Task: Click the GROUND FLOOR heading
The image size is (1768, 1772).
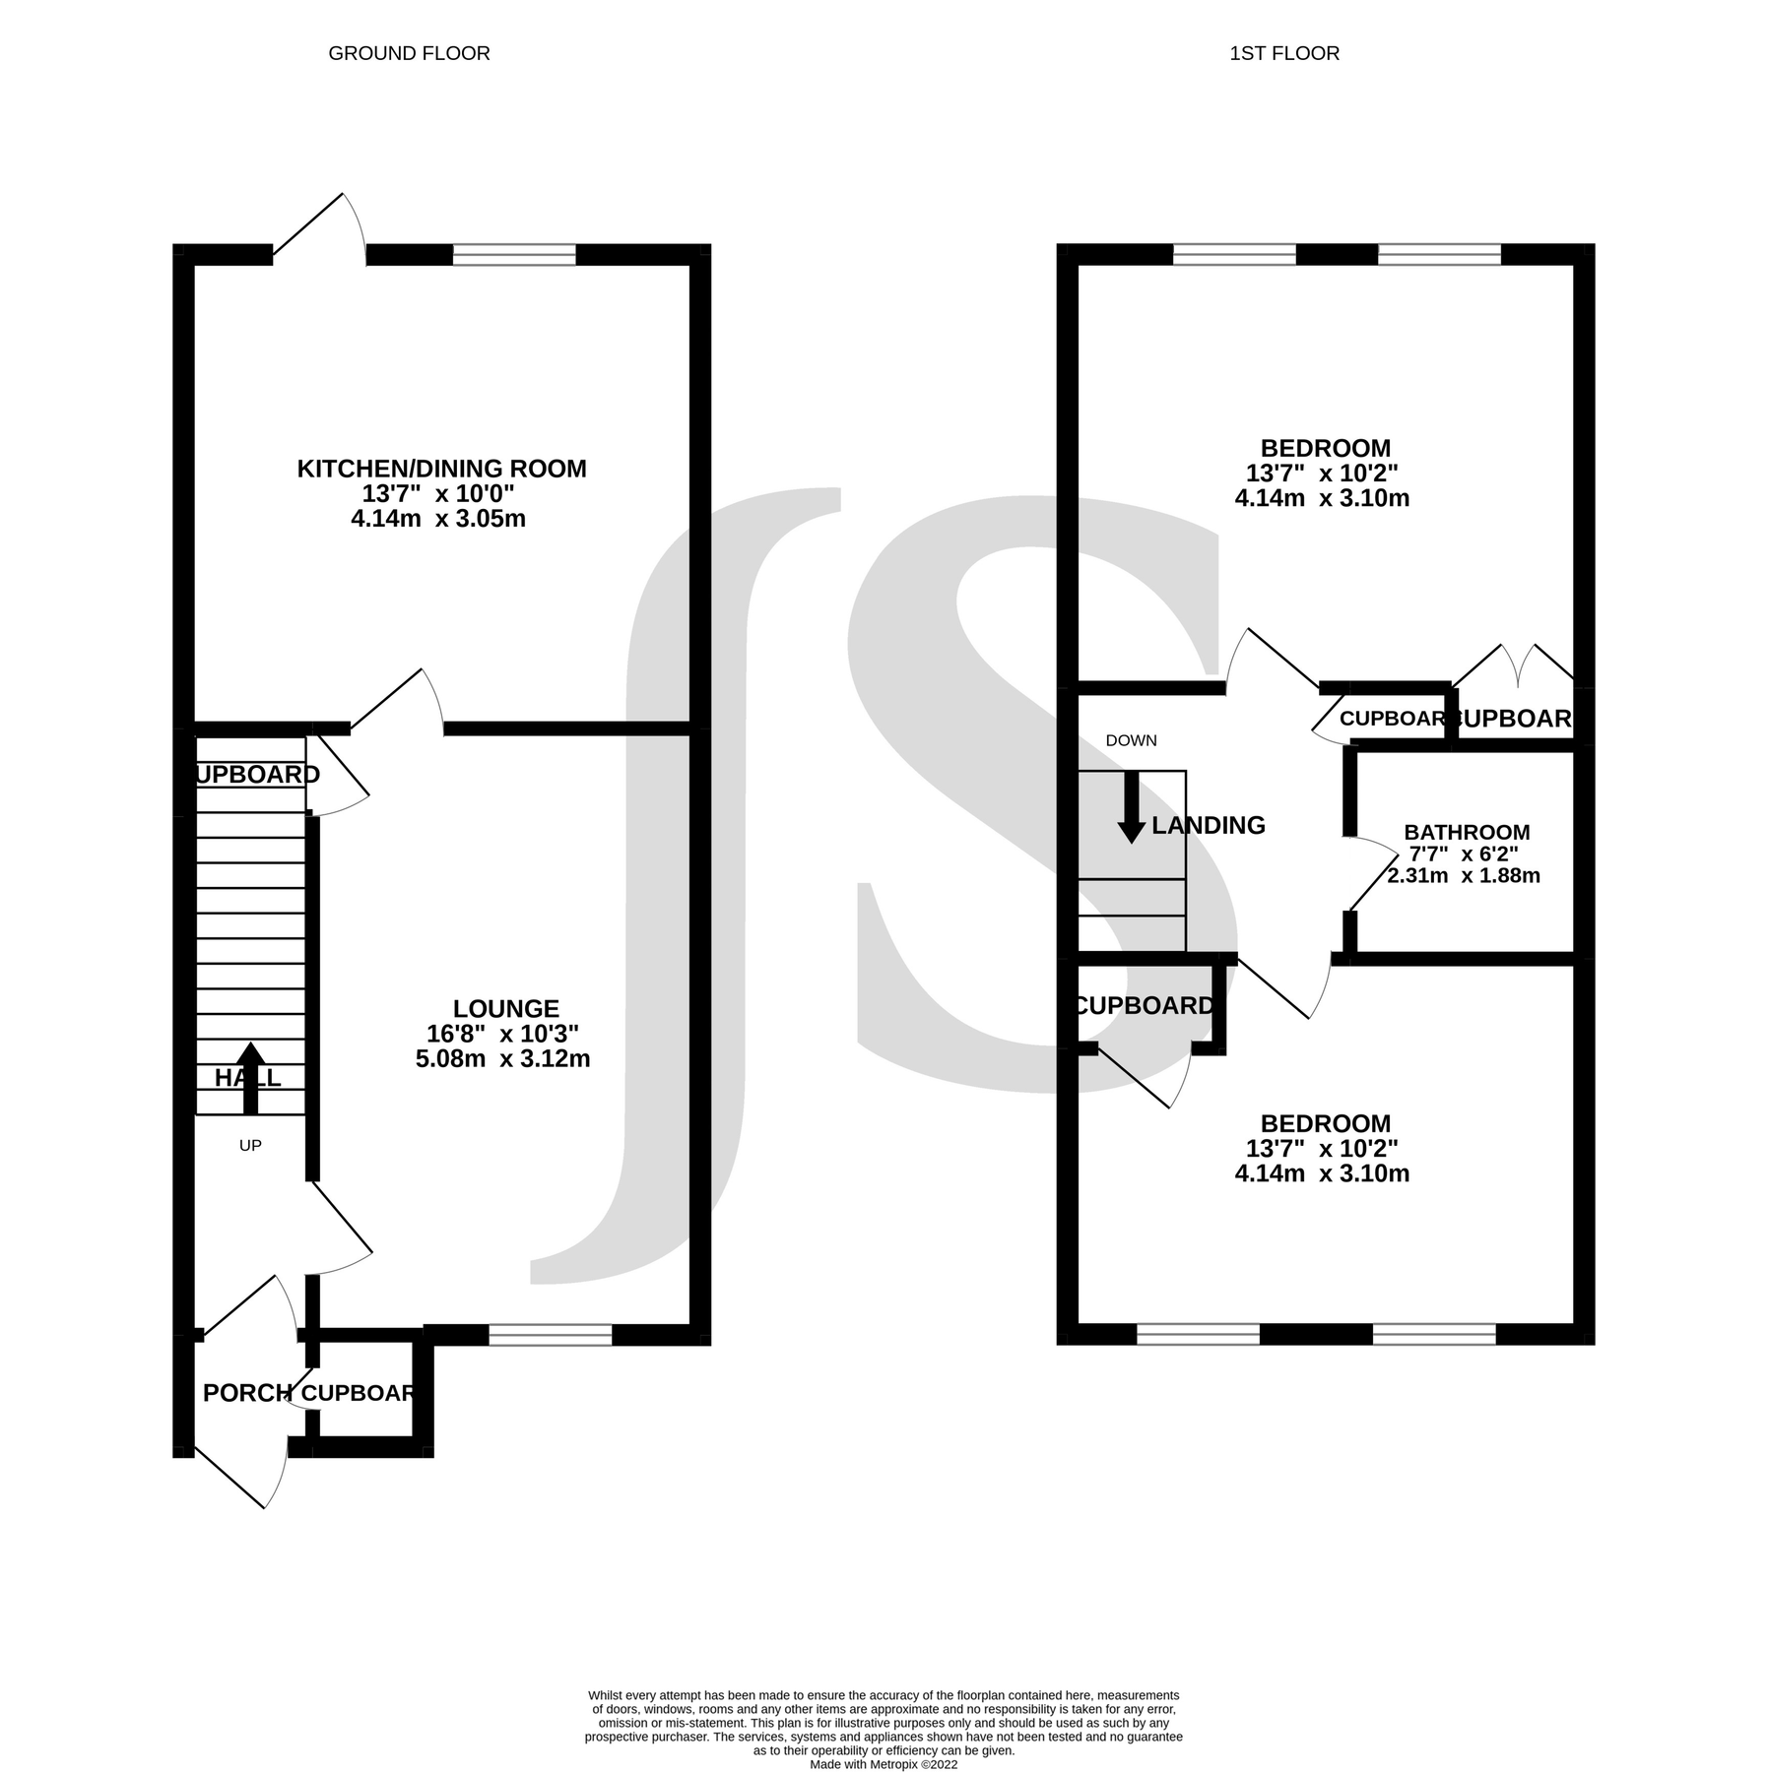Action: [x=409, y=53]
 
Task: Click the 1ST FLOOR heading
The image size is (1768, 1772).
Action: [x=1284, y=53]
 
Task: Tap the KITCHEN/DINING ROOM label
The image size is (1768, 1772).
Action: [x=441, y=469]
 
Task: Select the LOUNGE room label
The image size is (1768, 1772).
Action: [x=505, y=1008]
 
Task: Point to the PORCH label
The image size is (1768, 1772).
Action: [x=247, y=1393]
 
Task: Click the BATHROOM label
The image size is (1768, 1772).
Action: [x=1467, y=833]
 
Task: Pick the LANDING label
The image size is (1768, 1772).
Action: [x=1208, y=825]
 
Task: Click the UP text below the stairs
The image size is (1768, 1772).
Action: [x=250, y=1146]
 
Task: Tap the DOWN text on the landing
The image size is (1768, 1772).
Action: [x=1131, y=740]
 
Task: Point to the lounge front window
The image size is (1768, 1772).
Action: [x=550, y=1335]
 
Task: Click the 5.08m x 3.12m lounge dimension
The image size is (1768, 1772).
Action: [x=502, y=1059]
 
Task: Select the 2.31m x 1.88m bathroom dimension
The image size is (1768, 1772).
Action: [x=1464, y=875]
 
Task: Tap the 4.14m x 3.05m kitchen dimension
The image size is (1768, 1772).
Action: [x=438, y=519]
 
